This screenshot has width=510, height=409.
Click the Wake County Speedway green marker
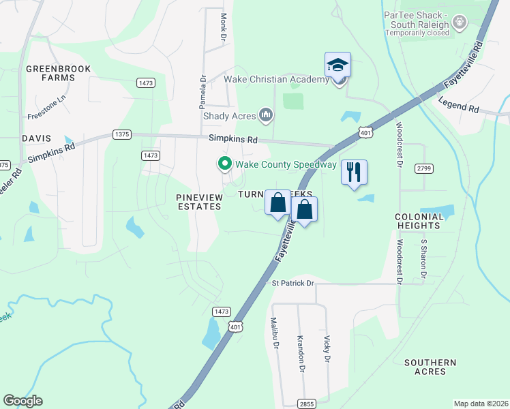pyautogui.click(x=223, y=164)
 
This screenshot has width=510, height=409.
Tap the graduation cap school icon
pyautogui.click(x=337, y=65)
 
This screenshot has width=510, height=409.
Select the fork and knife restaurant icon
pyautogui.click(x=354, y=172)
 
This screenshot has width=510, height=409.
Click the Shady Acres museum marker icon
pyautogui.click(x=266, y=115)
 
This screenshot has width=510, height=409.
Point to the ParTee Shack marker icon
pyautogui.click(x=460, y=22)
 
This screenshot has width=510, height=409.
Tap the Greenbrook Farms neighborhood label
pyautogui.click(x=50, y=73)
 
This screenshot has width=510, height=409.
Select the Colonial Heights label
pyautogui.click(x=418, y=221)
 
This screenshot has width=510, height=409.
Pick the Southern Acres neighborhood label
pyautogui.click(x=430, y=367)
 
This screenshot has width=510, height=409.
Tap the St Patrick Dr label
pyautogui.click(x=292, y=283)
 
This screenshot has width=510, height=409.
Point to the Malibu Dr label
pyautogui.click(x=276, y=333)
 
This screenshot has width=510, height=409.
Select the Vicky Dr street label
pyautogui.click(x=327, y=348)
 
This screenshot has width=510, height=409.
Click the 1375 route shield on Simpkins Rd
pyautogui.click(x=122, y=134)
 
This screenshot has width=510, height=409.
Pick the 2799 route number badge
pyautogui.click(x=423, y=168)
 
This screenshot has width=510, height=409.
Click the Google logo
pyautogui.click(x=22, y=401)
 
